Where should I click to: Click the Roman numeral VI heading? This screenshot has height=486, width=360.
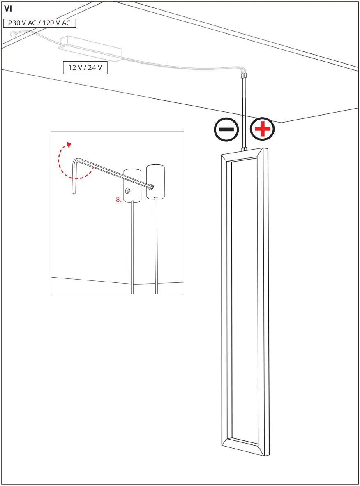pyautogui.click(x=8, y=9)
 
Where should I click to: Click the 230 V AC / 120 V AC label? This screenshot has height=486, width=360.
pyautogui.click(x=39, y=23)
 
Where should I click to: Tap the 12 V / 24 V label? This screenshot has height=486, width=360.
pyautogui.click(x=85, y=68)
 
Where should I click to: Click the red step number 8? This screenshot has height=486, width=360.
pyautogui.click(x=118, y=200)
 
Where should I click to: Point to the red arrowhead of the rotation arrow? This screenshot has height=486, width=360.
pyautogui.click(x=69, y=144)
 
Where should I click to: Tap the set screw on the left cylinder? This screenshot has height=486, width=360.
pyautogui.click(x=128, y=191)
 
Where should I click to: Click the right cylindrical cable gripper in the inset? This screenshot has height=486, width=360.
pyautogui.click(x=155, y=181)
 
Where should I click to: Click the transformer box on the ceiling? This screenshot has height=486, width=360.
pyautogui.click(x=91, y=49)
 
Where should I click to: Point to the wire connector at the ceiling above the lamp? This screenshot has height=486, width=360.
pyautogui.click(x=244, y=75)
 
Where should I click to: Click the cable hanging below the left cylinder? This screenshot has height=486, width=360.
pyautogui.click(x=132, y=247)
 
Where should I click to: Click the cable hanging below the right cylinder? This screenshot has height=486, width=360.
pyautogui.click(x=156, y=247)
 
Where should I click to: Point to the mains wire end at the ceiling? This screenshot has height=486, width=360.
pyautogui.click(x=13, y=34)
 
